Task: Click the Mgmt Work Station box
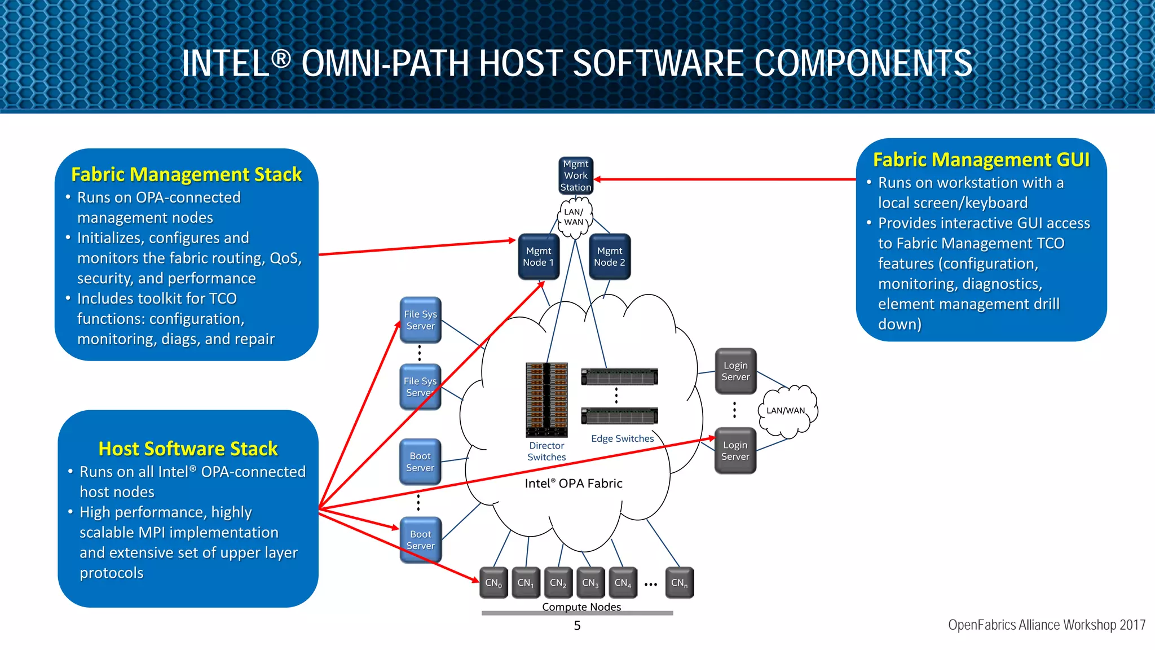tap(576, 175)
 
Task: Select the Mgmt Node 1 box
tap(539, 257)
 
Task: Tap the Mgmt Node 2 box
tap(610, 257)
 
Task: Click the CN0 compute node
tap(493, 583)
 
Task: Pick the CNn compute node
tap(679, 583)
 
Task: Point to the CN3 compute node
tap(590, 583)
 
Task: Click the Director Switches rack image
tap(546, 399)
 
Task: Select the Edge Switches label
tap(622, 438)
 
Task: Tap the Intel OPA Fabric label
tap(574, 484)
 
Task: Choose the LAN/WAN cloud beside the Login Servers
tap(786, 411)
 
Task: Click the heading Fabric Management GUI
tap(981, 160)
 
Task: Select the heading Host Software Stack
tap(188, 449)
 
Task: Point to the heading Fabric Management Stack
tap(186, 174)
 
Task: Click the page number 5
tap(577, 625)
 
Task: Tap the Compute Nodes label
tap(581, 607)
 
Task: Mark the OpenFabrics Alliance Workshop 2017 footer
tap(1047, 625)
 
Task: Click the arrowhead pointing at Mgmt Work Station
tap(598, 179)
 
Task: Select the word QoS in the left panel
tap(285, 258)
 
